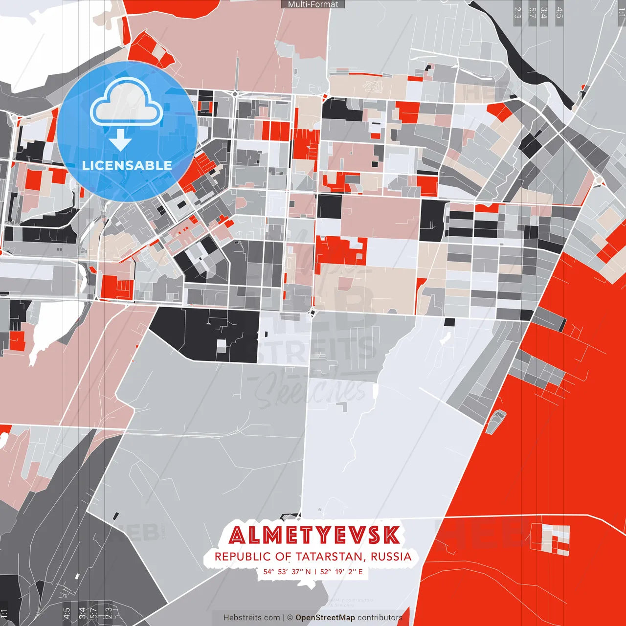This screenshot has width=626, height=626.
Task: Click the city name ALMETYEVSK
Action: (314, 536)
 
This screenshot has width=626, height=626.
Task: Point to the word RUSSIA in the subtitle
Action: (391, 557)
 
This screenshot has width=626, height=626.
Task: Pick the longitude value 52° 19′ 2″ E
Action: (341, 572)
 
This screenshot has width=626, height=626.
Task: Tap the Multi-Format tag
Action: (313, 4)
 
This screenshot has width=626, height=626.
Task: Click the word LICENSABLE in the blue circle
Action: (127, 165)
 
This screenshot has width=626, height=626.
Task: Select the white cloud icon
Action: (127, 103)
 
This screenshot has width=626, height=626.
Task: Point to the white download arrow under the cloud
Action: (120, 141)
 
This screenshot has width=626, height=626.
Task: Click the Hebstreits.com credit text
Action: (251, 618)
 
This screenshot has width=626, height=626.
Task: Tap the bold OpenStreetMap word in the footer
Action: (325, 618)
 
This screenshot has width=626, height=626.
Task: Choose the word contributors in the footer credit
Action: (380, 618)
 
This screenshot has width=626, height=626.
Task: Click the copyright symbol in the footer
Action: (290, 618)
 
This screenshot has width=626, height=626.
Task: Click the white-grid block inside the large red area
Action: (556, 540)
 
